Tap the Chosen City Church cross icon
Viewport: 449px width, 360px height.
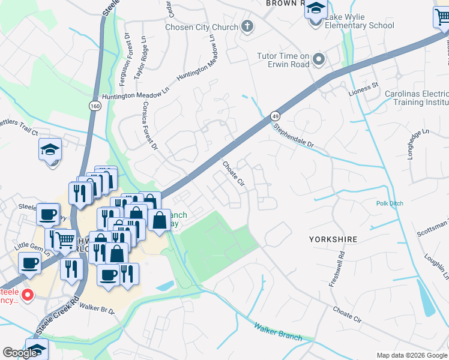pos(247,26)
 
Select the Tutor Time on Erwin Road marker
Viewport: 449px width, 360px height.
pos(319,59)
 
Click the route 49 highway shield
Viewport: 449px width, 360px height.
pos(275,115)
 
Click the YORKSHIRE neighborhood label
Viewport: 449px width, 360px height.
pos(333,239)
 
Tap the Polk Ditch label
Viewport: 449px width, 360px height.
pos(390,204)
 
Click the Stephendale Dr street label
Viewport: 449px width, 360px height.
pos(294,136)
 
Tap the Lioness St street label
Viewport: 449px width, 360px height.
pos(364,89)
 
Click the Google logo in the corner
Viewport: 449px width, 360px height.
pos(20,353)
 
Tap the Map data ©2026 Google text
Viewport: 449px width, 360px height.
pos(412,355)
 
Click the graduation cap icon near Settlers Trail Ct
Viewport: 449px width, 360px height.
pos(50,150)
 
